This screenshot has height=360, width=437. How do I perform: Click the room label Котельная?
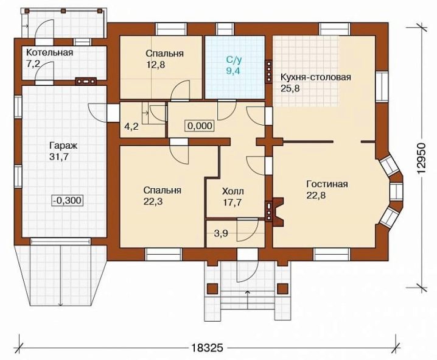[50, 52]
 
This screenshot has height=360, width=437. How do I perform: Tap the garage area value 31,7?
[59, 157]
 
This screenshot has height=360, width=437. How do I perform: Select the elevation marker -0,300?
[68, 200]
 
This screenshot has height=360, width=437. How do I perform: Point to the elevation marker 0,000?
[200, 125]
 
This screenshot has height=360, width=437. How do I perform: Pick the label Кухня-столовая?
[316, 77]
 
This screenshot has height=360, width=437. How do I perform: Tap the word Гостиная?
[327, 185]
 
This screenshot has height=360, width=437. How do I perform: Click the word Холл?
[232, 191]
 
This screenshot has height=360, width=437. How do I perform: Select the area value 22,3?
[153, 202]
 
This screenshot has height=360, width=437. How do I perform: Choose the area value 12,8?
[156, 65]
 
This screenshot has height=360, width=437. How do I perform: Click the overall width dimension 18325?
[208, 348]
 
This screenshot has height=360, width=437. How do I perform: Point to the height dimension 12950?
[422, 159]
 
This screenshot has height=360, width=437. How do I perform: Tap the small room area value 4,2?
[131, 127]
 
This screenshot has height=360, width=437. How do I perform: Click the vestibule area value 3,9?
[221, 233]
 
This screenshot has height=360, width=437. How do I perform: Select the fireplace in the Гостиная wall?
[278, 211]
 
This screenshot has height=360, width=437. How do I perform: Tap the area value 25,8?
[290, 89]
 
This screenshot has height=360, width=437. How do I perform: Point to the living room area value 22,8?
[316, 196]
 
